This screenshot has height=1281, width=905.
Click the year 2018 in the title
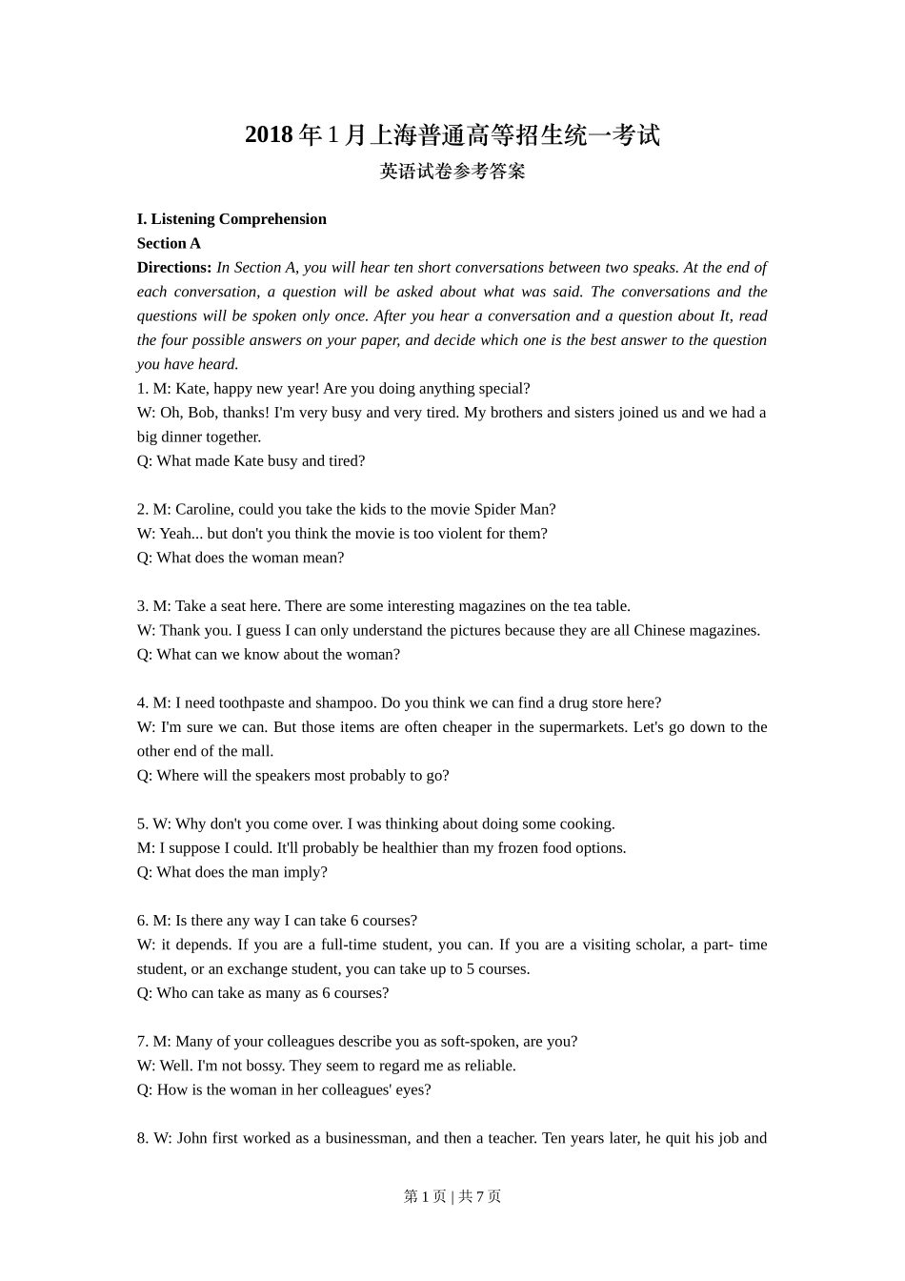[269, 135]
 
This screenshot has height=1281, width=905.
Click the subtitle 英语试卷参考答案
[452, 172]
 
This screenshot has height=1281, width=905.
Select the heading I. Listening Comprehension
[231, 219]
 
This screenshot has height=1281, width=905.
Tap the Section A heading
[169, 243]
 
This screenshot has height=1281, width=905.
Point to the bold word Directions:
[174, 268]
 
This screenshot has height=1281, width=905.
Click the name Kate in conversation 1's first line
[191, 389]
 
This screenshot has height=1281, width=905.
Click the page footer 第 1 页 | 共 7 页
[452, 1196]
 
